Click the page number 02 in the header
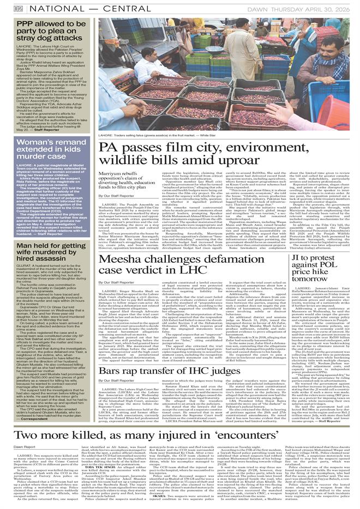[19, 9]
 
